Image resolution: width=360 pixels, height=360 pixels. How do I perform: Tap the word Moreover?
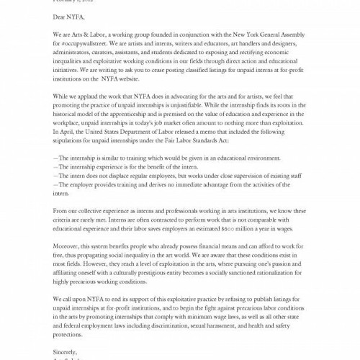67,247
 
